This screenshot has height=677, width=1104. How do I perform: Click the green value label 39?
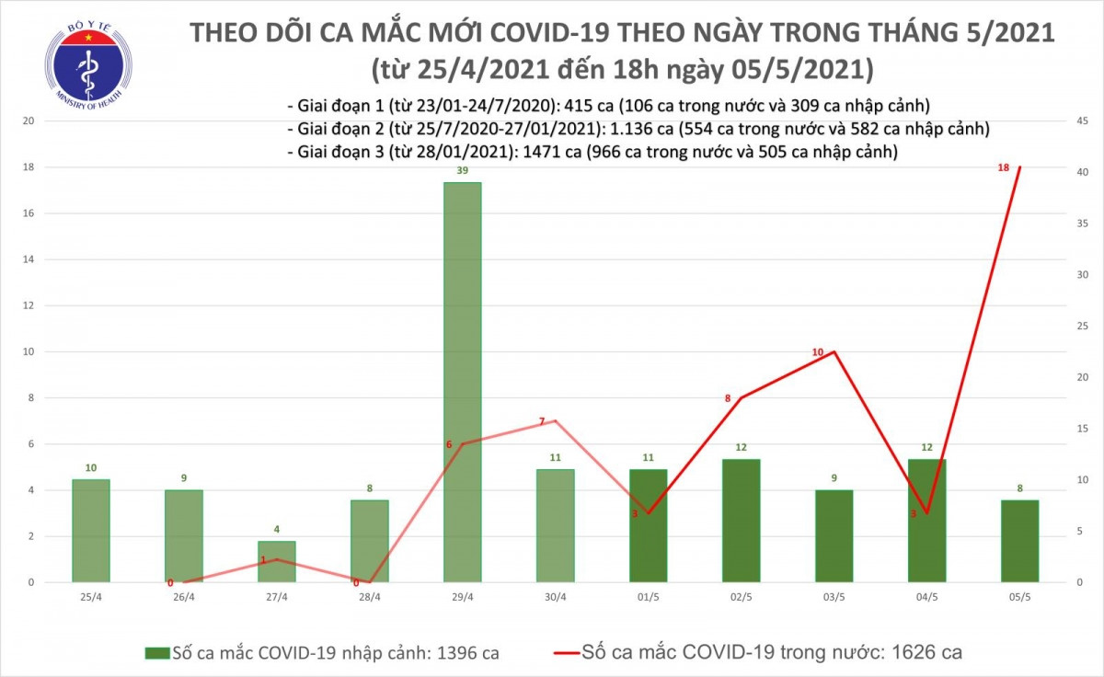point(462,171)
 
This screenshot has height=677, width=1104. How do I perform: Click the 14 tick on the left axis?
point(29,259)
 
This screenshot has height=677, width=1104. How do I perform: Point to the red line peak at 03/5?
point(834,351)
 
